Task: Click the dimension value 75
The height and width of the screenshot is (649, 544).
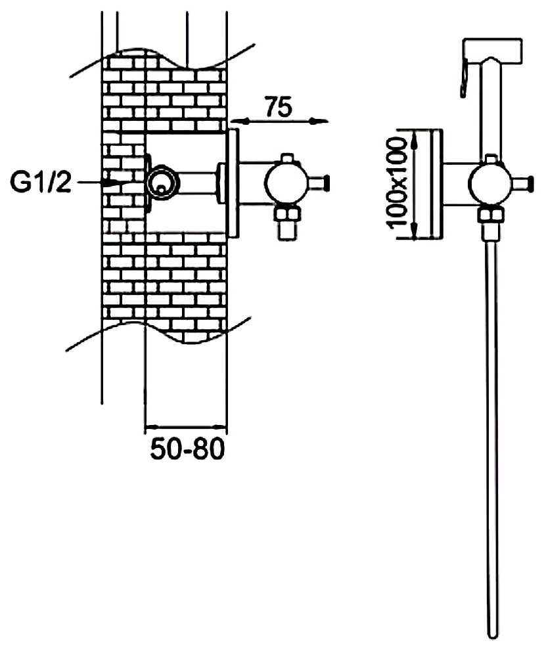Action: (x=278, y=108)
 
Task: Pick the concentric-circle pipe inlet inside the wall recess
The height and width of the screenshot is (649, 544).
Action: (x=162, y=184)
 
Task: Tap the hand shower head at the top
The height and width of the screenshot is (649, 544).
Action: (x=493, y=49)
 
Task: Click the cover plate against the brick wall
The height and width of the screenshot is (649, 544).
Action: (x=233, y=183)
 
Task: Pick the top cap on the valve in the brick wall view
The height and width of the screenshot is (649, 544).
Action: (x=286, y=158)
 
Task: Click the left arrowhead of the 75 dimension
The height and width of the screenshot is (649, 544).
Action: (x=233, y=122)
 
